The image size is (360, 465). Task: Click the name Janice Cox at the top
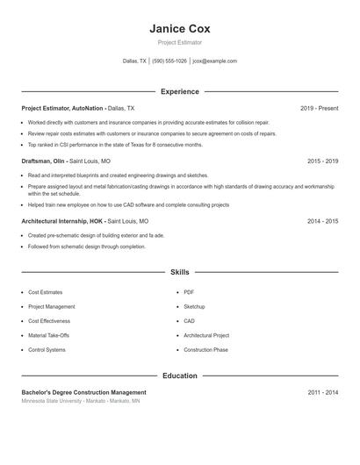click(179, 28)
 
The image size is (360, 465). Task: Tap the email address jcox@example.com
click(214, 61)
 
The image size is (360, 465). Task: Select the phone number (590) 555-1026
click(169, 61)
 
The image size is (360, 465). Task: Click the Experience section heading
click(179, 91)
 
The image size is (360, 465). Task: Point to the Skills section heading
click(179, 273)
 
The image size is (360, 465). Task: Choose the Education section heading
click(179, 376)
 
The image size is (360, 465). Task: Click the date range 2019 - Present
click(319, 108)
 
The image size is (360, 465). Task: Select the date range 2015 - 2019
click(322, 161)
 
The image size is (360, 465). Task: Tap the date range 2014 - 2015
click(322, 222)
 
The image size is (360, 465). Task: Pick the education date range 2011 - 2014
click(322, 392)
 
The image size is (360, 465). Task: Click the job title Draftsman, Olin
click(45, 161)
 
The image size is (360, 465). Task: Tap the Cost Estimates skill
click(46, 292)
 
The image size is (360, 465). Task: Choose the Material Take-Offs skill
click(48, 335)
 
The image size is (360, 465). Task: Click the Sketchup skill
click(194, 306)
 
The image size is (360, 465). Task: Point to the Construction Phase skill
click(205, 350)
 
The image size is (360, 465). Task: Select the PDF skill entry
click(189, 292)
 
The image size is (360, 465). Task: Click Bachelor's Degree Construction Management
click(83, 392)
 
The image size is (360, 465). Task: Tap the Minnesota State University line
click(80, 401)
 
